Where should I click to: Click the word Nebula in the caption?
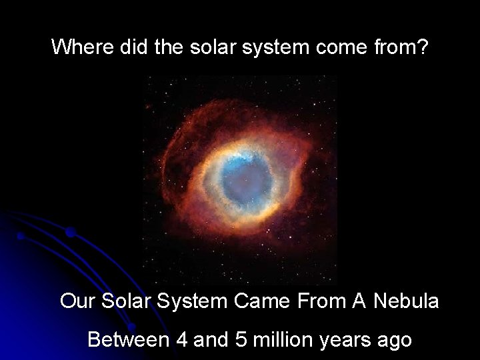[x=405, y=301]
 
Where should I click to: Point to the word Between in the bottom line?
[x=128, y=341]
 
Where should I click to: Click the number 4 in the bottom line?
[x=182, y=341]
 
